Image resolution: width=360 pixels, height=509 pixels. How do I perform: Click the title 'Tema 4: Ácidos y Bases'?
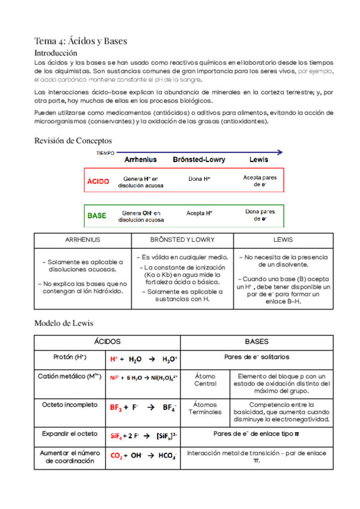point(81,41)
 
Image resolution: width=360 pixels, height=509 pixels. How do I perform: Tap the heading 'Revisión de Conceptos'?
point(73,140)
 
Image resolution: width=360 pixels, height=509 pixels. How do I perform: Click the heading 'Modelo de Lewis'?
point(64,323)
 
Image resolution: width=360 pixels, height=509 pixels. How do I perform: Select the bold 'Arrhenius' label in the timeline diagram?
point(140,160)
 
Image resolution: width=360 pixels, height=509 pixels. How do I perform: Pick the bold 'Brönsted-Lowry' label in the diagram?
point(199,160)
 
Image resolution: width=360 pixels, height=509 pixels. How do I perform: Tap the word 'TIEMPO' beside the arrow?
point(106,153)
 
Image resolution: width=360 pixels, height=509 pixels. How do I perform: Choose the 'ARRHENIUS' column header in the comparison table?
point(83,239)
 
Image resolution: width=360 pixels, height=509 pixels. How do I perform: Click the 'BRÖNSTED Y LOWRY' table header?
point(182,239)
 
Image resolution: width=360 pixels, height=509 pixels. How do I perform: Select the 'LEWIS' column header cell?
point(283,239)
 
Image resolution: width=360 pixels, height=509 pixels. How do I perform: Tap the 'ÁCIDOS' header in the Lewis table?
point(107,341)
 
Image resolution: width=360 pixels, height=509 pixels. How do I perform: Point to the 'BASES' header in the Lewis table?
point(257,341)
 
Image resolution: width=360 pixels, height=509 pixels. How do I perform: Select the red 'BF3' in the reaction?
point(116,407)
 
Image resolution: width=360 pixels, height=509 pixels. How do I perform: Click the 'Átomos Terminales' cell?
point(205,409)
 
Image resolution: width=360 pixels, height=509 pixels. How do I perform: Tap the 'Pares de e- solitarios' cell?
point(256,357)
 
